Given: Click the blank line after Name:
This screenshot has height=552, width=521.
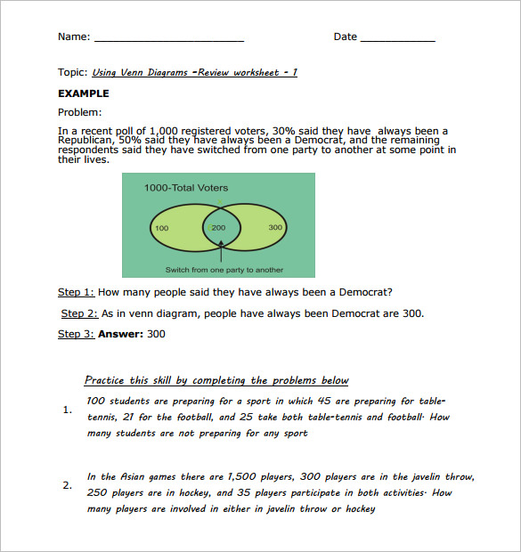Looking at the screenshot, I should coord(168,39).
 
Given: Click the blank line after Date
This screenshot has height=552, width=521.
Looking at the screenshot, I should coord(397,39).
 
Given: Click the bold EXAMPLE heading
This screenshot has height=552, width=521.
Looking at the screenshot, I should coord(84,93).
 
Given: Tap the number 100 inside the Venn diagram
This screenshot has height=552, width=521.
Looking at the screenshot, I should coord(161,228).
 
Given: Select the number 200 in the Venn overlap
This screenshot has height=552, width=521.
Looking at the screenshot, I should coord(218,228).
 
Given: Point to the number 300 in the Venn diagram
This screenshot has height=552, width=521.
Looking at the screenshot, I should coord(275,228).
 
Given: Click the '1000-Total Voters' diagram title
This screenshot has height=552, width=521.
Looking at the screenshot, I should coord(186,188).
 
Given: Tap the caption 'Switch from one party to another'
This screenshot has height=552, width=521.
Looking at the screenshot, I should coord(224,270).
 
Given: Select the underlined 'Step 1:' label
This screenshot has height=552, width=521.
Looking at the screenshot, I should coord(76,292).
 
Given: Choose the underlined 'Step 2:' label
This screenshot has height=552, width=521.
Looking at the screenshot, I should coord(78,313).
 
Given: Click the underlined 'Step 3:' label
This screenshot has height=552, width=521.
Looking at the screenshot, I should coord(76,335).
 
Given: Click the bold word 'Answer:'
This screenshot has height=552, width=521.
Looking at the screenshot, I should coord(120,335).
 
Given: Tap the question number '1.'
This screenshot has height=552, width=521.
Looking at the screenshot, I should coord(68,410).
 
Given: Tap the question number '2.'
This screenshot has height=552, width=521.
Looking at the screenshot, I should coord(68,485).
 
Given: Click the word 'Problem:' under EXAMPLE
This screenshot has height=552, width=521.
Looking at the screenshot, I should coord(80,112).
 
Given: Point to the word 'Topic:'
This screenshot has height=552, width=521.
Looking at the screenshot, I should coord(73,73).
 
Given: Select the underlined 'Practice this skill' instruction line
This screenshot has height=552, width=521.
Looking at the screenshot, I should coord(216,380).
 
